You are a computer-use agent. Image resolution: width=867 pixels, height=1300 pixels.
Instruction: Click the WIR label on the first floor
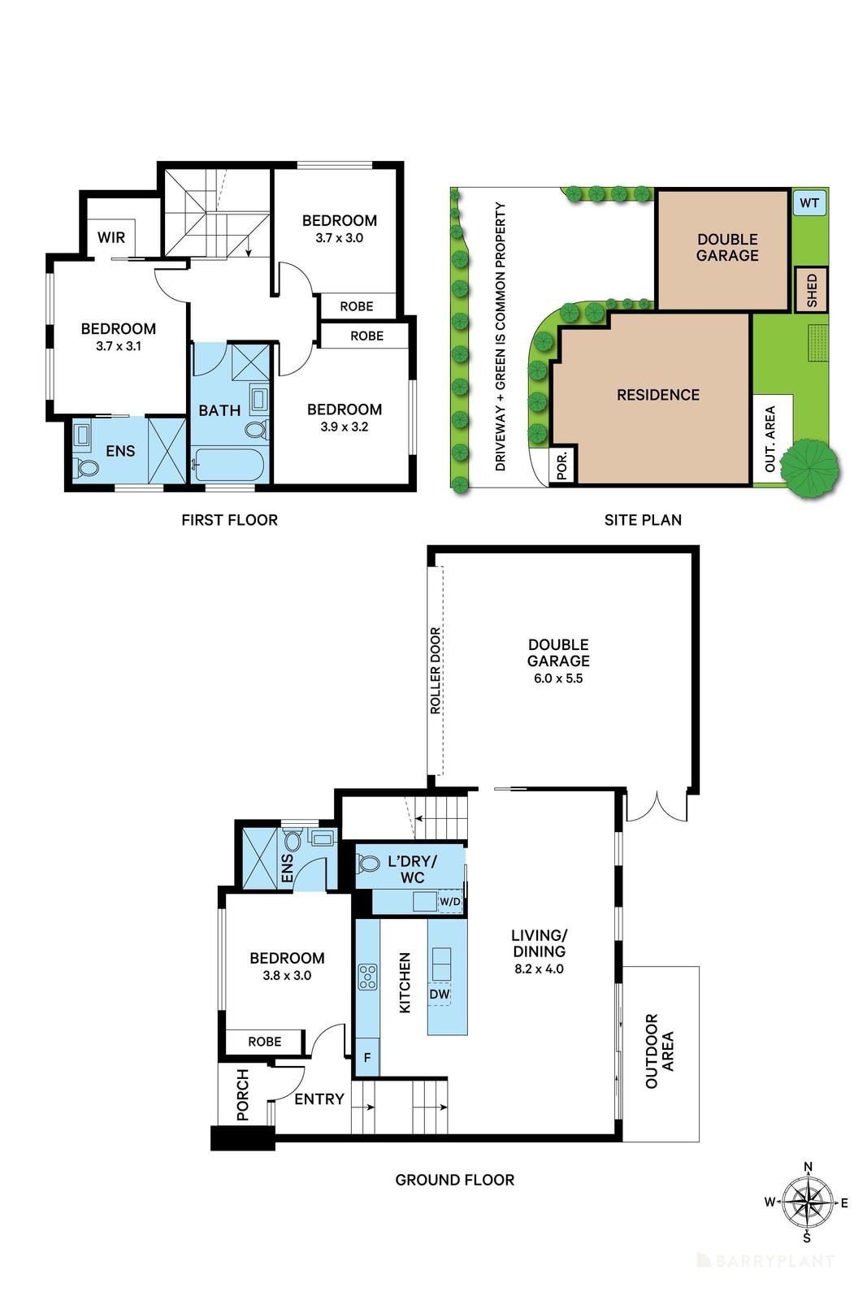[x=111, y=237]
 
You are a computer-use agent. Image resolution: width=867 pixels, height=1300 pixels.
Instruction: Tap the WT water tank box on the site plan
[x=808, y=203]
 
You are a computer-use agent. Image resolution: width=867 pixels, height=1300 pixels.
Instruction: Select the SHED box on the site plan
[x=811, y=290]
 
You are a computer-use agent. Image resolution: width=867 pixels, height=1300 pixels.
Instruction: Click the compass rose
[x=808, y=1202]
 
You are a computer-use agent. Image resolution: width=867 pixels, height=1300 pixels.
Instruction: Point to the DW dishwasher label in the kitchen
[x=439, y=994]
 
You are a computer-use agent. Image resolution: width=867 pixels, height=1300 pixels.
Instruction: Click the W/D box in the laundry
[x=450, y=902]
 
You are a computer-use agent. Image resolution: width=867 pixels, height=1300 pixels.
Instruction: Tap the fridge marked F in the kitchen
[x=367, y=1058]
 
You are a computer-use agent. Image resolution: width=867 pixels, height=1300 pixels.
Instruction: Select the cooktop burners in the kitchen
[x=367, y=976]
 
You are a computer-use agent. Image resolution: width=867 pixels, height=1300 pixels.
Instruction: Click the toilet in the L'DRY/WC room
[x=368, y=863]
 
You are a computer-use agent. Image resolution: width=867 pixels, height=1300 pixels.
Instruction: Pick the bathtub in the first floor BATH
[x=228, y=466]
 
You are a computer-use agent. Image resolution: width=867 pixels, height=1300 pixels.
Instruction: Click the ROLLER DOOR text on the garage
[x=436, y=670]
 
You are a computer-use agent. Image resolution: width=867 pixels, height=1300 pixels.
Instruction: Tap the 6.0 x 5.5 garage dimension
[x=558, y=678]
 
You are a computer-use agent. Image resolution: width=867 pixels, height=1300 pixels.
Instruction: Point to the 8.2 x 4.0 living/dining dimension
[x=539, y=968]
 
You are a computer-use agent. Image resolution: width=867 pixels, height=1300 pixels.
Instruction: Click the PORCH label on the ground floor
[x=243, y=1095]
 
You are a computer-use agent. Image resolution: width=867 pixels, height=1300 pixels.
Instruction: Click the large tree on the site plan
[x=809, y=469]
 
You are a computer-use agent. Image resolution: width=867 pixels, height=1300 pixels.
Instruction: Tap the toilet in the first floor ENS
[x=86, y=467]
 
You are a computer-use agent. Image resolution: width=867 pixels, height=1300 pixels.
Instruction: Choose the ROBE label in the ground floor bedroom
[x=265, y=1042]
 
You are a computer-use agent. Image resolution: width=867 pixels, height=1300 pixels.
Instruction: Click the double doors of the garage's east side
[x=657, y=808]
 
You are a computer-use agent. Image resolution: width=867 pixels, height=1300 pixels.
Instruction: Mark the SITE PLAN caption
[x=643, y=520]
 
